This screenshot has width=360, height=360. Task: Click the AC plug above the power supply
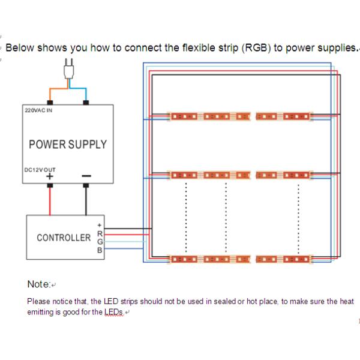(68, 69)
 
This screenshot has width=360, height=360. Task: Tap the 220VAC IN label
(38, 110)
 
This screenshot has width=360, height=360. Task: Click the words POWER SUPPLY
(68, 145)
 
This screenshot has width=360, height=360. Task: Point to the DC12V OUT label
(40, 170)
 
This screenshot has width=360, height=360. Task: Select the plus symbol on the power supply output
(50, 176)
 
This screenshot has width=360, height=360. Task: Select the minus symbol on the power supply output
(86, 176)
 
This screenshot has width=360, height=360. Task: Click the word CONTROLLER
(64, 238)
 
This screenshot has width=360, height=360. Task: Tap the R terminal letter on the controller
(100, 234)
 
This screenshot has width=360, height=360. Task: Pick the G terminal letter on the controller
(100, 242)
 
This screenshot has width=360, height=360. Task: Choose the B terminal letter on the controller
(100, 250)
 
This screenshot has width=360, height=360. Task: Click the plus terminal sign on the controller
(100, 225)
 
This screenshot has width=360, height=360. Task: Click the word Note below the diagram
(38, 284)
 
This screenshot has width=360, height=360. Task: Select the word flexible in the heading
(199, 48)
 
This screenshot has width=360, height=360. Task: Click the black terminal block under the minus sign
(86, 185)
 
